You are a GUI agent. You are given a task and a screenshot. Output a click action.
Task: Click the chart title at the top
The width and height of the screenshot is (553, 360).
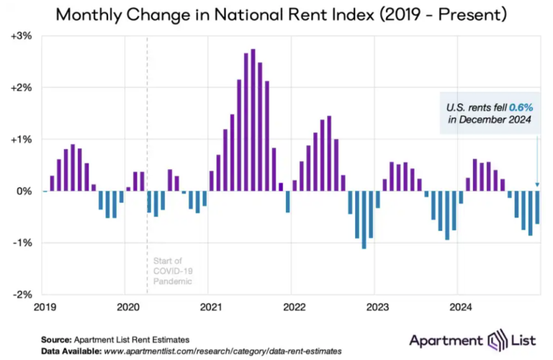pos(277,14)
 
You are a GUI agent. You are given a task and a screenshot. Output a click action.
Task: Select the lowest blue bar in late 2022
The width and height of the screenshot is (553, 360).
pos(364,220)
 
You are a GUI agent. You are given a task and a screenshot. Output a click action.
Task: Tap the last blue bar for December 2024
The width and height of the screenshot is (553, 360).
pos(537,207)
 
